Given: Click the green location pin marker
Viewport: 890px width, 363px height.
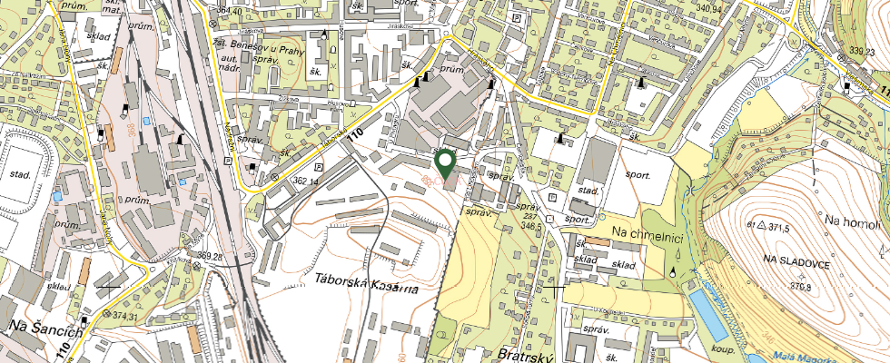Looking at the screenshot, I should (x=445, y=163).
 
